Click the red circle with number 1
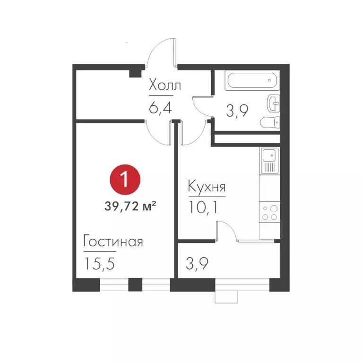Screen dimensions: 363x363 pos(125,181)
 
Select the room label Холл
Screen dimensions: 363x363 pos(164,86)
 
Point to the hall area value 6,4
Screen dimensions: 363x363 pos(159,108)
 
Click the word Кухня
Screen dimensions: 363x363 pos(207,187)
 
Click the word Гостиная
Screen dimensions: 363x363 pos(113,242)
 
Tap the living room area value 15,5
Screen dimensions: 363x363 pos(101,262)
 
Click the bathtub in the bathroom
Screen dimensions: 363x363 pos(250,80)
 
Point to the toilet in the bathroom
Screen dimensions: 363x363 pos(270,122)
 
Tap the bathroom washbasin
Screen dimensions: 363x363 pos(274,101)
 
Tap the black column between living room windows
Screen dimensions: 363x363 pos(135,285)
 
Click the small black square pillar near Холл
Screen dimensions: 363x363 pos(136,72)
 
